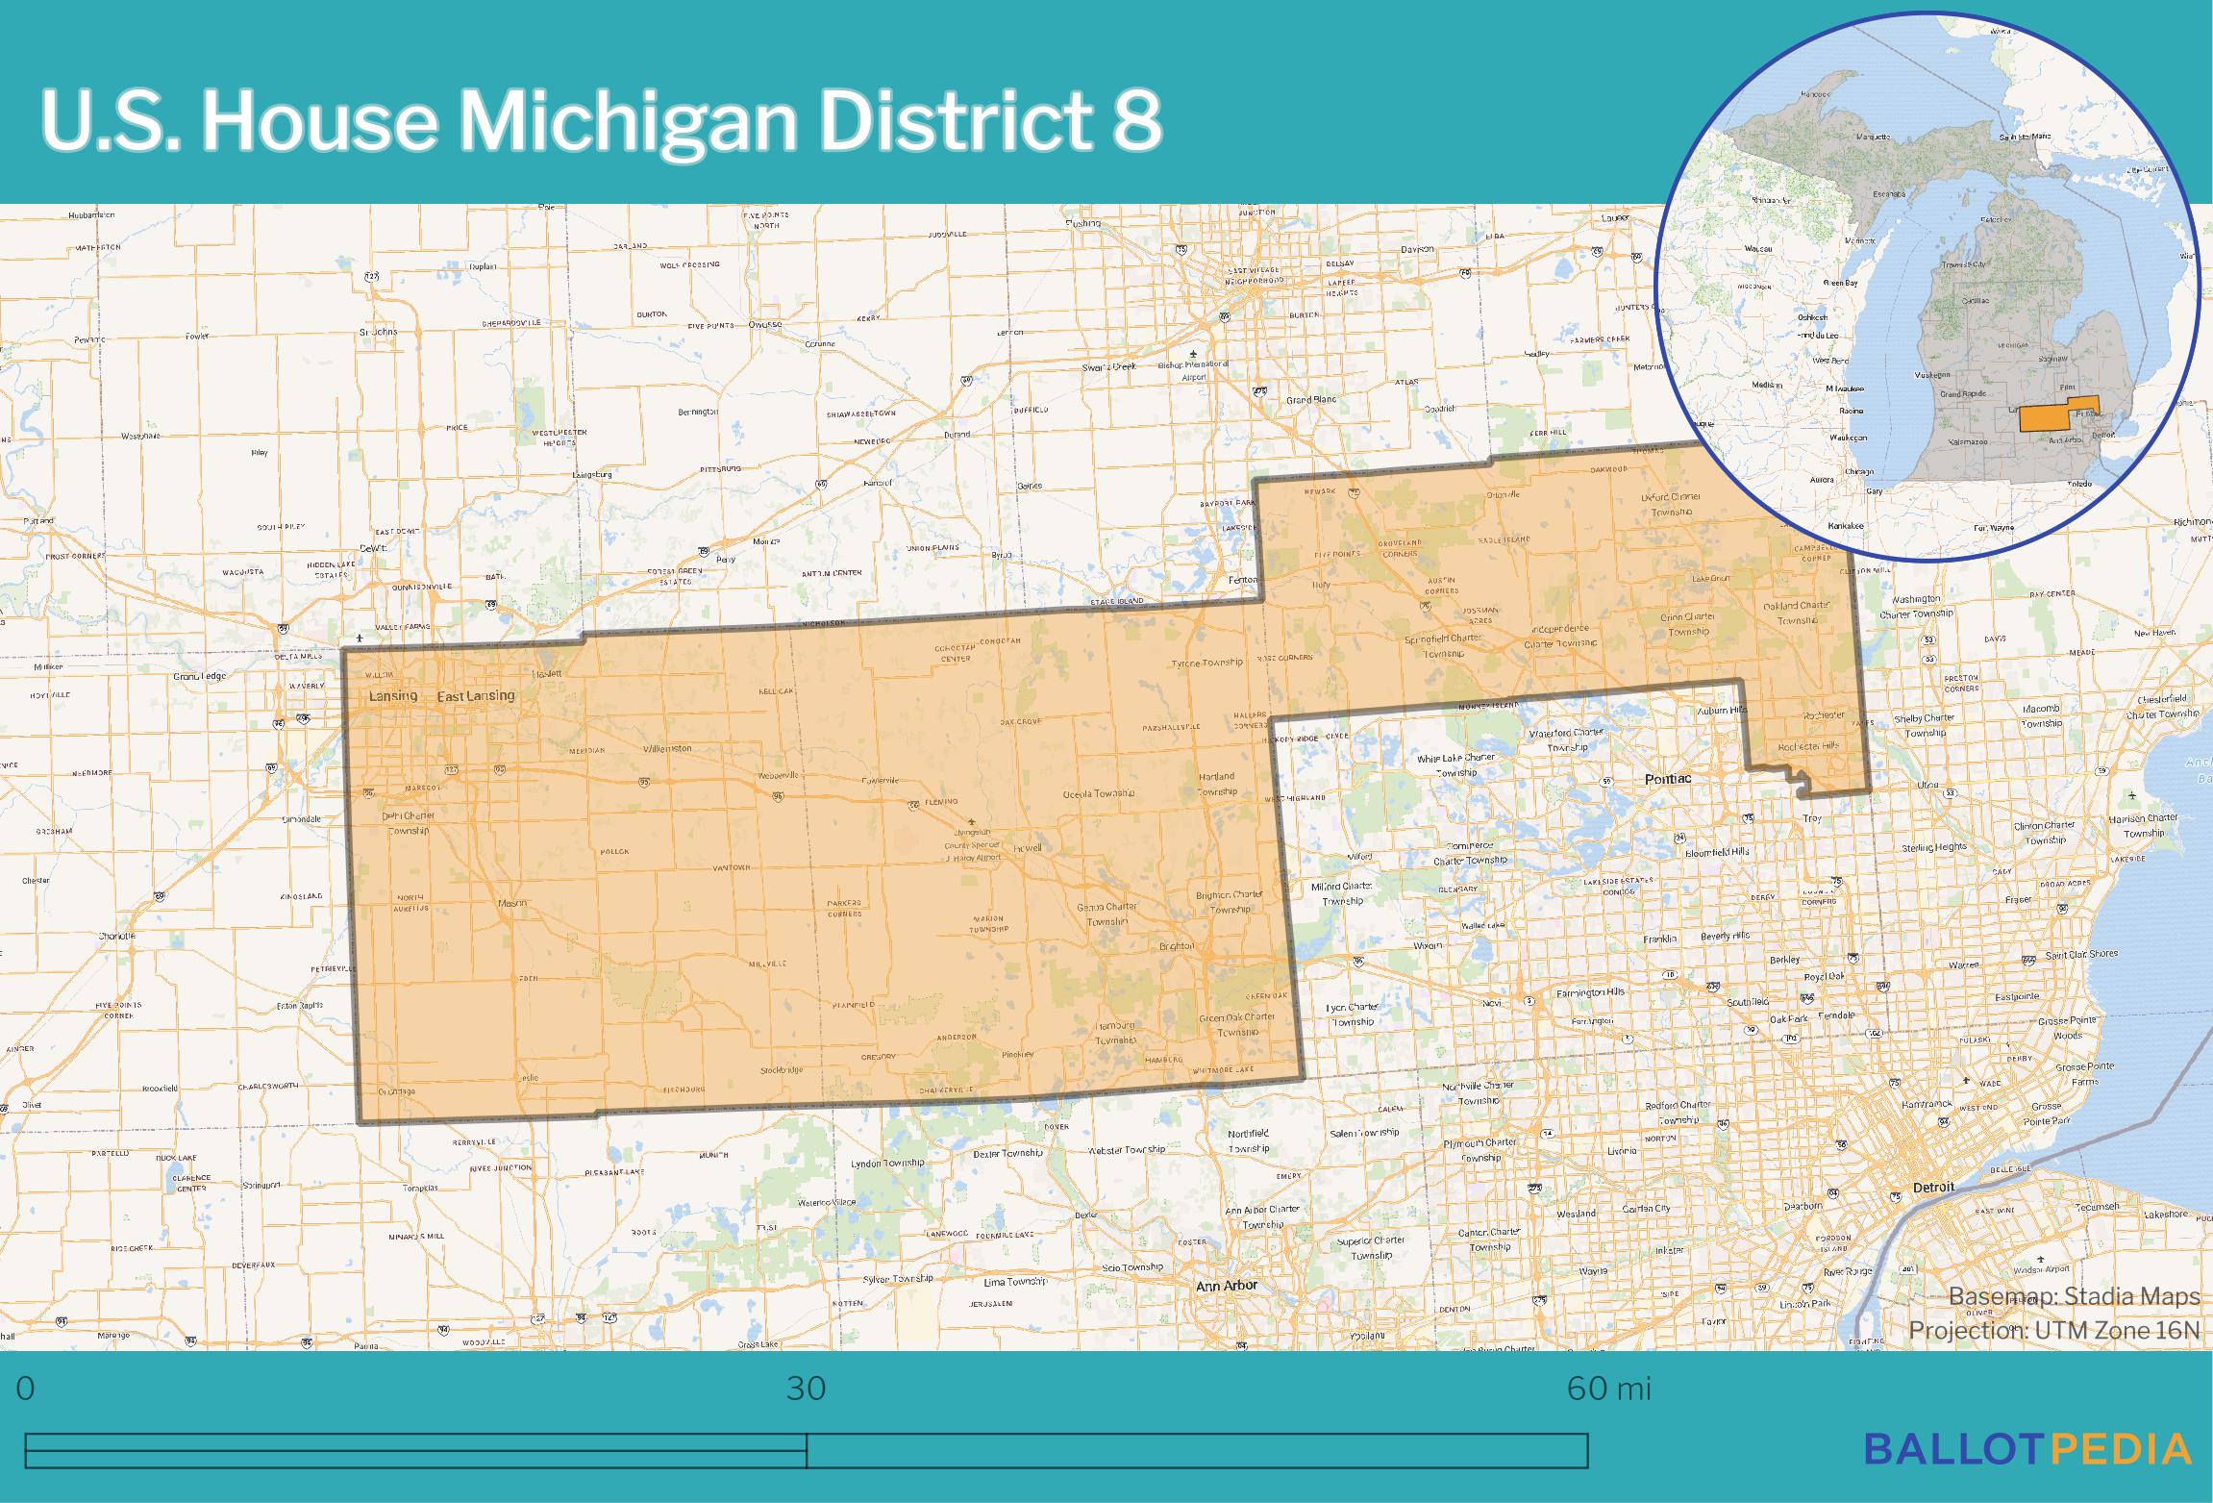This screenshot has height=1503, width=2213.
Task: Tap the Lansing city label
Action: tap(393, 695)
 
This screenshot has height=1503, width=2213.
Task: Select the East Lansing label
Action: tap(476, 695)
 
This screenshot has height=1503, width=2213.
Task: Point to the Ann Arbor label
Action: tap(1226, 1285)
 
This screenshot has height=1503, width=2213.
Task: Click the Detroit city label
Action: tap(1933, 1187)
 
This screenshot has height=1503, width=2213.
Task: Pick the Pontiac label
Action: tap(1667, 778)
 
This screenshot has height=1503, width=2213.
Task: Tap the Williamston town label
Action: tap(666, 748)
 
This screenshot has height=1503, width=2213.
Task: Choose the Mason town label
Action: tap(511, 903)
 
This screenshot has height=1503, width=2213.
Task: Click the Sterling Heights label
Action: tap(1933, 847)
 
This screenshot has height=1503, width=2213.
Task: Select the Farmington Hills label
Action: tap(1590, 991)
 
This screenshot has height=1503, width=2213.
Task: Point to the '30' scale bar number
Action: tap(806, 1389)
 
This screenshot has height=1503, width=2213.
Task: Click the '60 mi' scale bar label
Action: tap(1608, 1389)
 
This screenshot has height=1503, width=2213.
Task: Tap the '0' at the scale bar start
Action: tap(26, 1389)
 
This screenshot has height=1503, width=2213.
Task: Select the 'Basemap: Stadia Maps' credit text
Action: tap(2074, 1296)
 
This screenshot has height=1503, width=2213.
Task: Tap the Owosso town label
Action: tap(765, 324)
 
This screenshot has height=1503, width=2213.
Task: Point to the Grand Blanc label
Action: tap(1311, 400)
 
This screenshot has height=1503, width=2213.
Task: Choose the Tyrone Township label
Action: tap(1206, 664)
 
